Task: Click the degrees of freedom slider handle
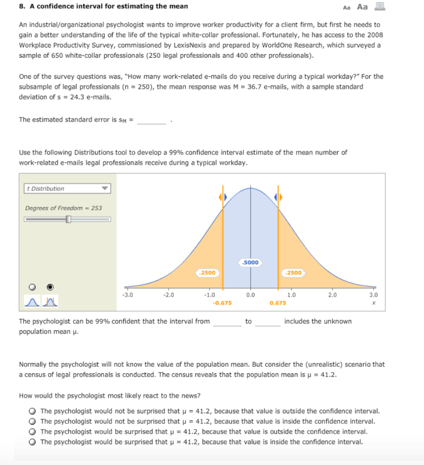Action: coord(68,219)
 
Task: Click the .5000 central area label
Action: coord(250,262)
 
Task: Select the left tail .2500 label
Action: coord(208,273)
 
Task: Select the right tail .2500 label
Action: coord(293,273)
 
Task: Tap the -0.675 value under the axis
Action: coord(222,303)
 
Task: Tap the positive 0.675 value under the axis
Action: coord(278,303)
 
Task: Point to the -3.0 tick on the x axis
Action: coord(127,295)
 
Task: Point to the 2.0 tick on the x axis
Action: coord(332,295)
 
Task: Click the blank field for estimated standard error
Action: coord(152,120)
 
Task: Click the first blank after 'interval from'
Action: coord(227,322)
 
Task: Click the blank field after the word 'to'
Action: coord(268,322)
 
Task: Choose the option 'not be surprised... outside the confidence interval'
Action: coord(33,411)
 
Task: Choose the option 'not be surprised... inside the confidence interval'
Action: coord(33,422)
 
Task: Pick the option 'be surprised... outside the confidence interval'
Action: coord(33,432)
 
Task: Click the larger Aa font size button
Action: coord(362,7)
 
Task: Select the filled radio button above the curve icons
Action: coord(50,287)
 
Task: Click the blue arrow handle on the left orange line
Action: coord(222,198)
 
